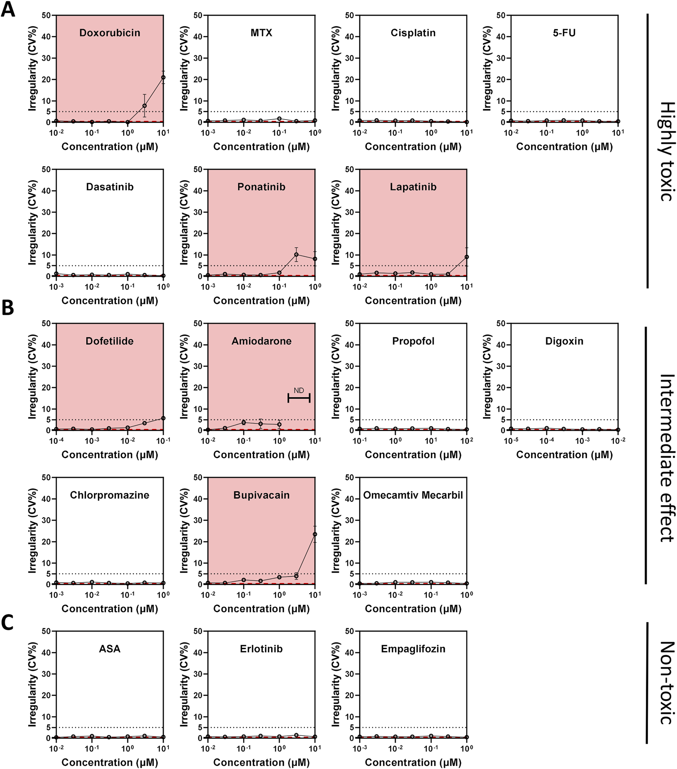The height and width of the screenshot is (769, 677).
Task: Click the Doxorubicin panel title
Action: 110,33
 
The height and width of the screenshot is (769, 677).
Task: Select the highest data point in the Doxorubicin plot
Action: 163,78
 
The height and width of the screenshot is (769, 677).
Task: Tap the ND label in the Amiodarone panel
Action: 299,390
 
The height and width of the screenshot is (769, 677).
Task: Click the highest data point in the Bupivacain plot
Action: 315,534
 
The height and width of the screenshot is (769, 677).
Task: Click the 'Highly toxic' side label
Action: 666,151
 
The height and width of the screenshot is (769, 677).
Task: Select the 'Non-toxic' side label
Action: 666,683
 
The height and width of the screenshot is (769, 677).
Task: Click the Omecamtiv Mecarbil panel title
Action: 413,495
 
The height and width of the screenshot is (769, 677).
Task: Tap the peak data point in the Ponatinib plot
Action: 296,254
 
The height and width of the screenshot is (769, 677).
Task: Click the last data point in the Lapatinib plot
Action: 466,257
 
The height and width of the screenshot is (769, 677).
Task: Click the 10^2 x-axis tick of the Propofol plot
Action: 466,441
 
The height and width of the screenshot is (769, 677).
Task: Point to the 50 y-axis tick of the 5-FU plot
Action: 501,15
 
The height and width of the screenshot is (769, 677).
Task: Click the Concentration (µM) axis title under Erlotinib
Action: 261,763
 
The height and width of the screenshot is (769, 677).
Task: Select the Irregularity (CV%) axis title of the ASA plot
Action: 32,685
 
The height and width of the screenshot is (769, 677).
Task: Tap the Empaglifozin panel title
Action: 413,649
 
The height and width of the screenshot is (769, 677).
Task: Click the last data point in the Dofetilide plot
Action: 163,418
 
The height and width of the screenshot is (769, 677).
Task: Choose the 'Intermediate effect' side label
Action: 666,458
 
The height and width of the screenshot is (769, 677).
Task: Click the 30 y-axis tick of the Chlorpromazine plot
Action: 46,520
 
